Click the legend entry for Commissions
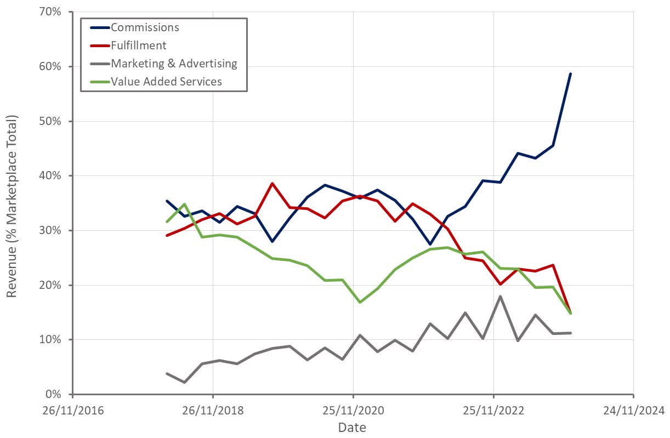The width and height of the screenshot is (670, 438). tap(145, 27)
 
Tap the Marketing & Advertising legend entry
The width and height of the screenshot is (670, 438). tap(174, 63)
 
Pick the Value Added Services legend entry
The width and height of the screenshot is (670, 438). tap(166, 81)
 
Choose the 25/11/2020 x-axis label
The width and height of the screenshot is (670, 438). tap(353, 410)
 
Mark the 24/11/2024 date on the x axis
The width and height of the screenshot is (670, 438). tap(634, 410)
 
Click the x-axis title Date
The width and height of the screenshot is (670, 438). tap(352, 427)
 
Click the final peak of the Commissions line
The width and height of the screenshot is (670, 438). tap(570, 73)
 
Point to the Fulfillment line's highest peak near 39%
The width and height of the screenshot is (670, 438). tap(272, 183)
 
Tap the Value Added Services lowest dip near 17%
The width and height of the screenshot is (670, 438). tap(360, 302)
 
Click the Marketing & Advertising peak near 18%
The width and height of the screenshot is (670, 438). tap(500, 296)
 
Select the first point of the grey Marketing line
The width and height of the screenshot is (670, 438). tap(167, 373)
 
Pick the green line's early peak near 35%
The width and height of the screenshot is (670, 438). tap(185, 204)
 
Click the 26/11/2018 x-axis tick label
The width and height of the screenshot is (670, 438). tap(213, 410)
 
